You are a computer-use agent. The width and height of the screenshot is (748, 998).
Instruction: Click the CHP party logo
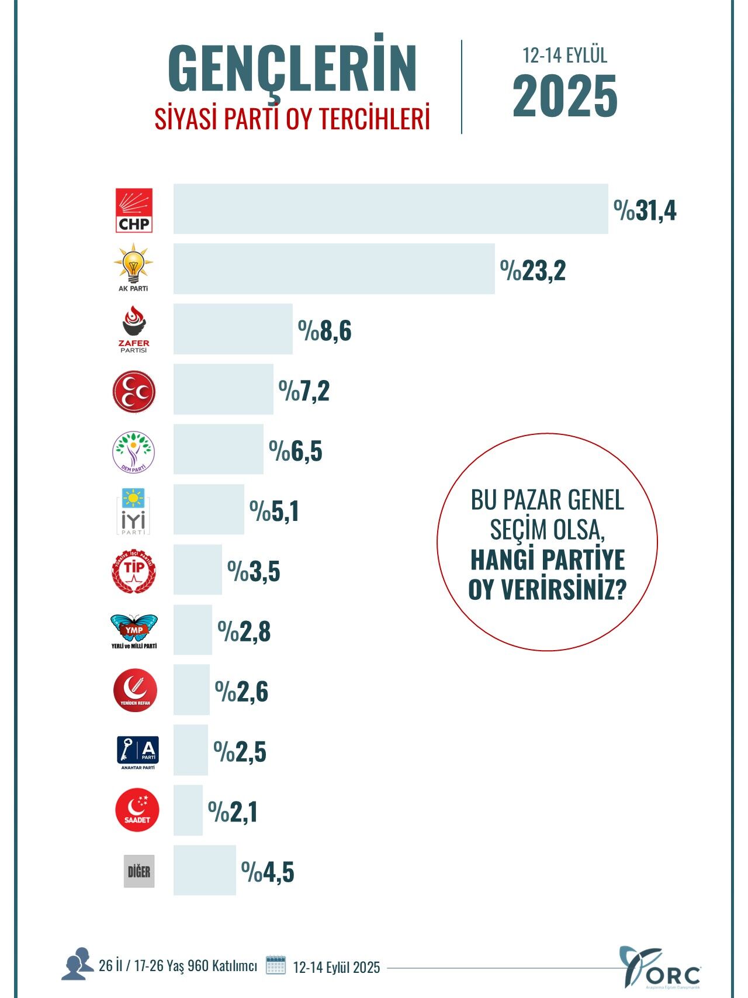pyautogui.click(x=134, y=210)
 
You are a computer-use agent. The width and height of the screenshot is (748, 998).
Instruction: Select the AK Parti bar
pyautogui.click(x=334, y=269)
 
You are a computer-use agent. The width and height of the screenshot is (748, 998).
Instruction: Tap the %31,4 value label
pyautogui.click(x=645, y=210)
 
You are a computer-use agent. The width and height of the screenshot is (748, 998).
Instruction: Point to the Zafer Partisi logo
pyautogui.click(x=134, y=329)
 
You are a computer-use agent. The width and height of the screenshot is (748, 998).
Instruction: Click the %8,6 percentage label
pyautogui.click(x=325, y=331)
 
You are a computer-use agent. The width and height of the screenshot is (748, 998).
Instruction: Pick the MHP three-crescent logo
pyautogui.click(x=134, y=391)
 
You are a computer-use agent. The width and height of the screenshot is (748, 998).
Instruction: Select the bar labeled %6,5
pyautogui.click(x=218, y=449)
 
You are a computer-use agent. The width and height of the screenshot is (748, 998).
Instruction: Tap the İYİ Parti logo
pyautogui.click(x=134, y=511)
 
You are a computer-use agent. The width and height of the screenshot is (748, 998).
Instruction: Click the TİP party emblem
pyautogui.click(x=134, y=571)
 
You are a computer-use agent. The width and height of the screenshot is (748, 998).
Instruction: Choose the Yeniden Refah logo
pyautogui.click(x=135, y=690)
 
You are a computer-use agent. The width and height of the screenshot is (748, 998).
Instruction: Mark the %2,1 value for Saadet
pyautogui.click(x=233, y=812)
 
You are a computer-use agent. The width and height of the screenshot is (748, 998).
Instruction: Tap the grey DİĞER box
pyautogui.click(x=139, y=872)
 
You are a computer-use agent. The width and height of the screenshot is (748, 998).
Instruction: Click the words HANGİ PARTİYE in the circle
pyautogui.click(x=548, y=560)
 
